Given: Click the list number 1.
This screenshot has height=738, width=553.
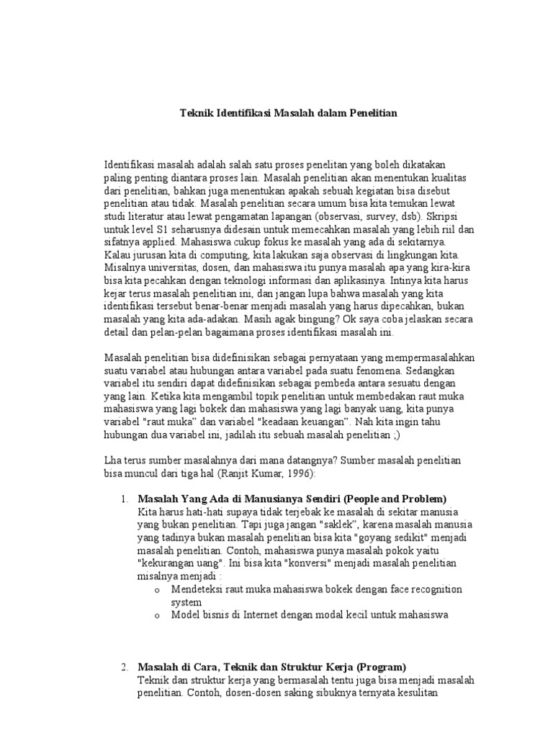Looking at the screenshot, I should pos(124,499).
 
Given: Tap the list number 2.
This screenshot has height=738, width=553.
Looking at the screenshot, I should pos(124,667).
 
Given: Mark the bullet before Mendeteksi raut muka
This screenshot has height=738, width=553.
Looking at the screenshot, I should pos(156,590).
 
